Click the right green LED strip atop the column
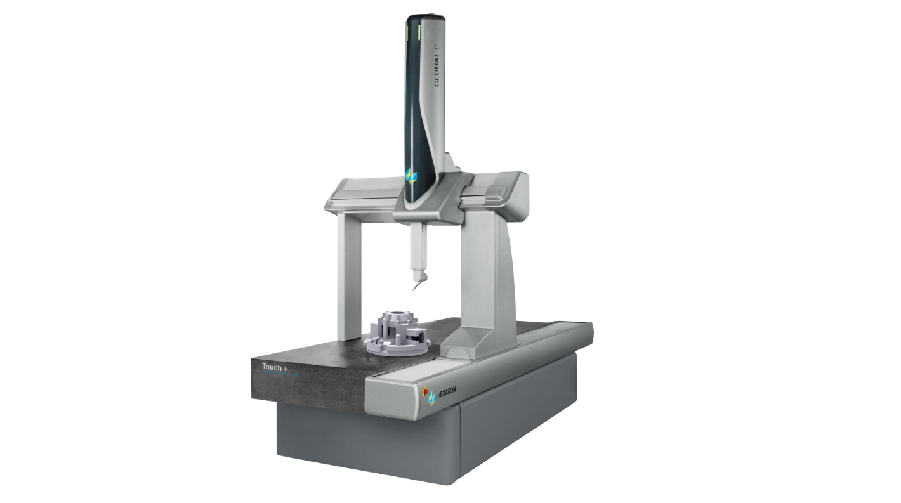[419, 32]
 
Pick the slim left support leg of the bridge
[349, 277]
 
